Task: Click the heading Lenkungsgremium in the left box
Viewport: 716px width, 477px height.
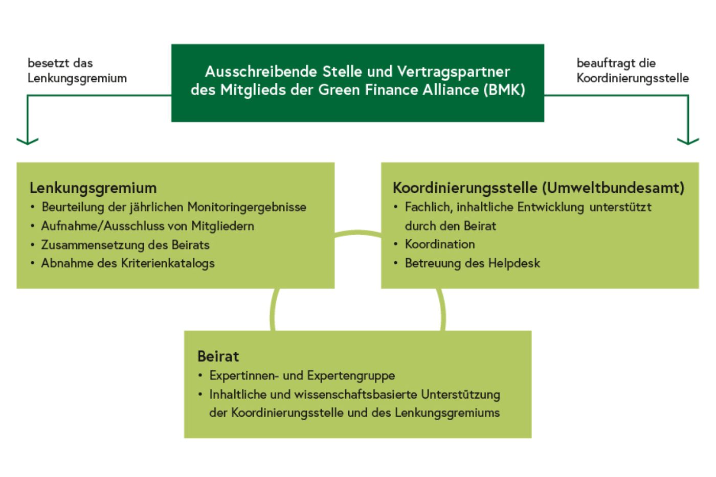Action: coord(93,188)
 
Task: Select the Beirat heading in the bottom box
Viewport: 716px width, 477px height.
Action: coord(218,356)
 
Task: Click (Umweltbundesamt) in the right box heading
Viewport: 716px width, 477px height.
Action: coord(613,188)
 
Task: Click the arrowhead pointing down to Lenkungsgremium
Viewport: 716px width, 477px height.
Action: coord(28,140)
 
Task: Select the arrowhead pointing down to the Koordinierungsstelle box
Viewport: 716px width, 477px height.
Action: coord(688,140)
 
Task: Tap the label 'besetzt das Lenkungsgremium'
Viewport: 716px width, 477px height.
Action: coord(77,71)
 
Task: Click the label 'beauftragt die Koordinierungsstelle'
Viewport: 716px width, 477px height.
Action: coord(632,71)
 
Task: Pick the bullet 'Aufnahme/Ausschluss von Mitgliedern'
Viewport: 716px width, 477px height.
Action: coord(147,226)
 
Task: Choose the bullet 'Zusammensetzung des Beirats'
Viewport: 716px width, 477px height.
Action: coord(125,245)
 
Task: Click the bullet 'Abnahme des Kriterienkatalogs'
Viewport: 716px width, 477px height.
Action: coord(128,263)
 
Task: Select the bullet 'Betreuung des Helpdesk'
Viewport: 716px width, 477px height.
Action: coord(472,263)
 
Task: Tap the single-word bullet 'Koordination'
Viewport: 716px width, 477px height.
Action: coord(440,244)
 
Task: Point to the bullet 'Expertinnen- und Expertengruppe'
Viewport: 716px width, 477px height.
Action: coord(302,376)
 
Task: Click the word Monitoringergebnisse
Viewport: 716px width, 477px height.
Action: coord(247,207)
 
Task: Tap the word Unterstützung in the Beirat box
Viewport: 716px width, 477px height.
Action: coord(461,395)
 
